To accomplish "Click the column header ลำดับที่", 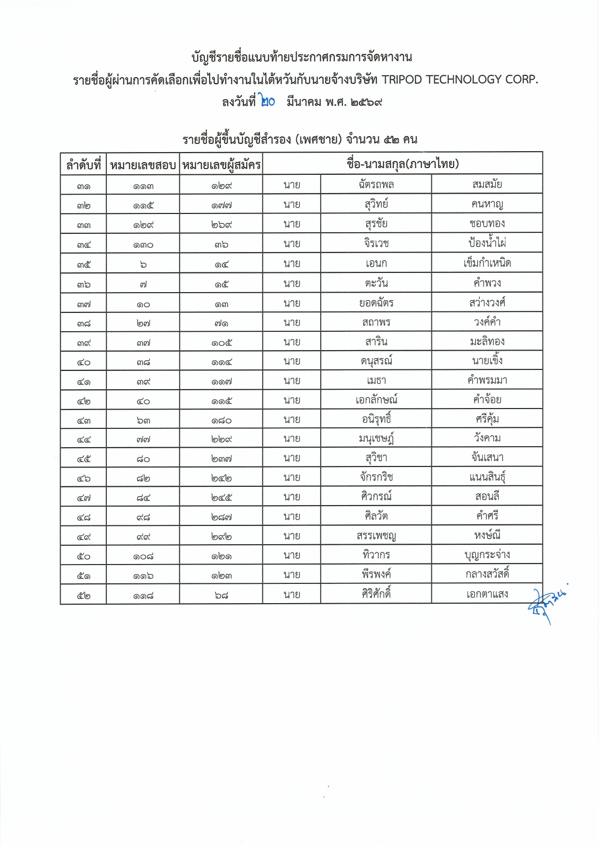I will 83,165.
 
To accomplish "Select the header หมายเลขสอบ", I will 143,165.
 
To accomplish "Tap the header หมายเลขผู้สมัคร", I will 221,165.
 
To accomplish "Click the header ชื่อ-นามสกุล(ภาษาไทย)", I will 402,164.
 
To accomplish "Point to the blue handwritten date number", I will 267,101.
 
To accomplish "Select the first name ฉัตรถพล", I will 376,184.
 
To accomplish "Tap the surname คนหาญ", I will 487,204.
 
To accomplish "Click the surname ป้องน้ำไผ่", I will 487,243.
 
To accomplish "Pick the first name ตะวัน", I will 376,283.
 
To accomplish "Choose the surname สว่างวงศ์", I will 487,303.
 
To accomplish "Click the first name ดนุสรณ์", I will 376,361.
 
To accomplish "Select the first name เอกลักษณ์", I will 376,400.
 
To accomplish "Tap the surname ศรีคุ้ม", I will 487,419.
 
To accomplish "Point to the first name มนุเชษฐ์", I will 376,438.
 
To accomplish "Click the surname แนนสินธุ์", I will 487,478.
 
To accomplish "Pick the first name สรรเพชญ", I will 376,536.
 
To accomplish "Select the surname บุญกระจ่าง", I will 487,555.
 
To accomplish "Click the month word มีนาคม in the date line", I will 303,102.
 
